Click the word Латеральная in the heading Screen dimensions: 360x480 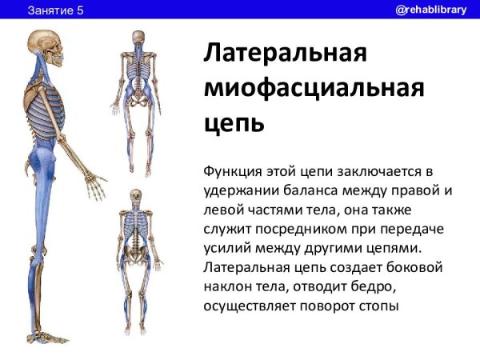coord(286,54)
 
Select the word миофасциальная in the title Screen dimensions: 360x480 coord(313,90)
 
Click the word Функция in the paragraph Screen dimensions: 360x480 coord(233,170)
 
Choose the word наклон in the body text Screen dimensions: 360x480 coord(229,286)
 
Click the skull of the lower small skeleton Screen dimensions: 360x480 coord(137,195)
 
